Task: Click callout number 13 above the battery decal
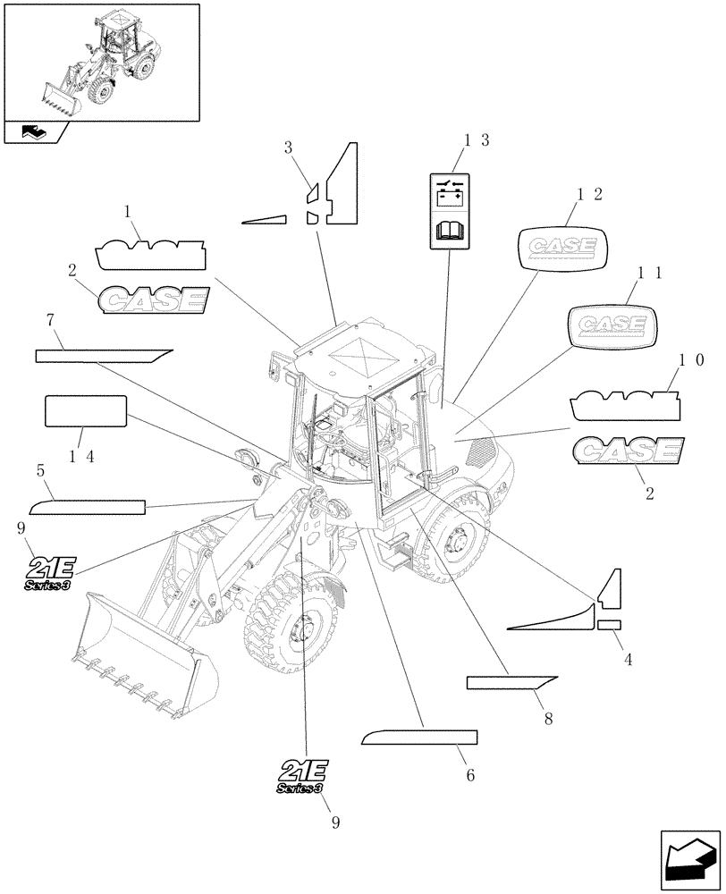point(476,140)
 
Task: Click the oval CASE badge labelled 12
point(563,246)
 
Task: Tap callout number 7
point(53,319)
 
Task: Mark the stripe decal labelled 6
point(419,737)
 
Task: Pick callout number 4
point(628,659)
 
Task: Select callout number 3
point(289,148)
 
